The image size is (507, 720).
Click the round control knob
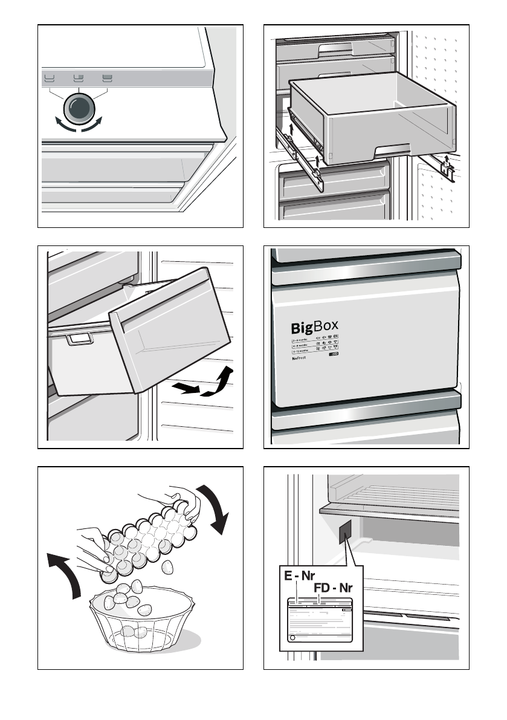point(79,108)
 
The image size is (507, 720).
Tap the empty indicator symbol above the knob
point(49,77)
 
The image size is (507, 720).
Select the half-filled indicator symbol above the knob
point(79,77)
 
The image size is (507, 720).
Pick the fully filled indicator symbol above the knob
point(108,77)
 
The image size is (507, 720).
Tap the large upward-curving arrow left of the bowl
point(68,574)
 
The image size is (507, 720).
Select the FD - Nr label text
point(334,588)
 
